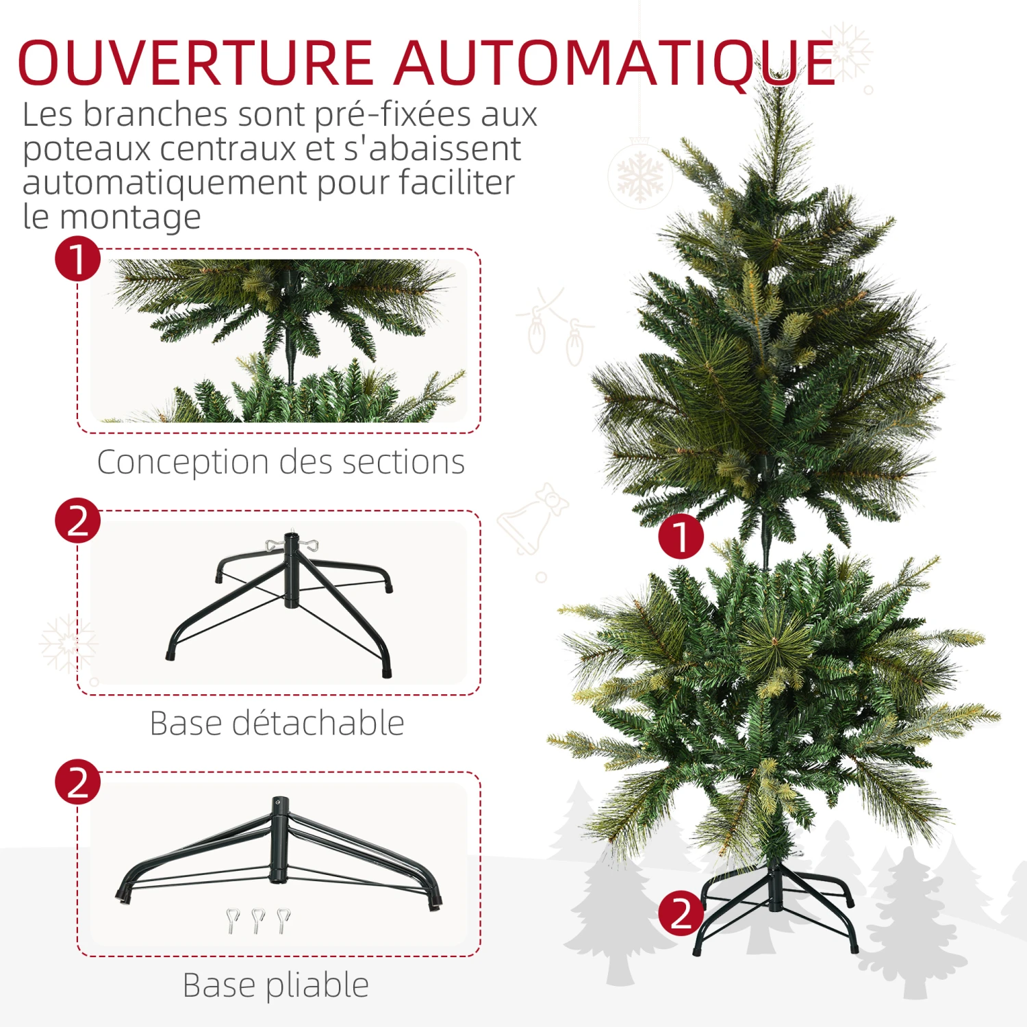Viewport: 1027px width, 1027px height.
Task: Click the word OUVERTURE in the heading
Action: pyautogui.click(x=196, y=63)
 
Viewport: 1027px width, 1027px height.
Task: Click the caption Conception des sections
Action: pyautogui.click(x=281, y=462)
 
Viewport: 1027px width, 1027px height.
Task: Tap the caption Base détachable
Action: pyautogui.click(x=277, y=723)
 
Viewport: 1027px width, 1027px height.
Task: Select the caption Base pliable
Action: pyautogui.click(x=276, y=986)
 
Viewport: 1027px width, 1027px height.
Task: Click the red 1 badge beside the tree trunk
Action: pyautogui.click(x=681, y=536)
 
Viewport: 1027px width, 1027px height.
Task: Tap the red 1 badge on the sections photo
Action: pyautogui.click(x=78, y=259)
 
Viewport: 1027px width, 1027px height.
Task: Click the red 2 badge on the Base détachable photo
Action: pyautogui.click(x=78, y=520)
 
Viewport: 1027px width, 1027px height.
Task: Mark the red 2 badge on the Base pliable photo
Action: pyautogui.click(x=78, y=782)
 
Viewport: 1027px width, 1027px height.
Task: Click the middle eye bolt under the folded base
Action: pyautogui.click(x=258, y=921)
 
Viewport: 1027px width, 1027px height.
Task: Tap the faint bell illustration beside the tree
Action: pyautogui.click(x=531, y=518)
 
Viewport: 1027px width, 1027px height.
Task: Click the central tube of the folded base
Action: pyautogui.click(x=278, y=840)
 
